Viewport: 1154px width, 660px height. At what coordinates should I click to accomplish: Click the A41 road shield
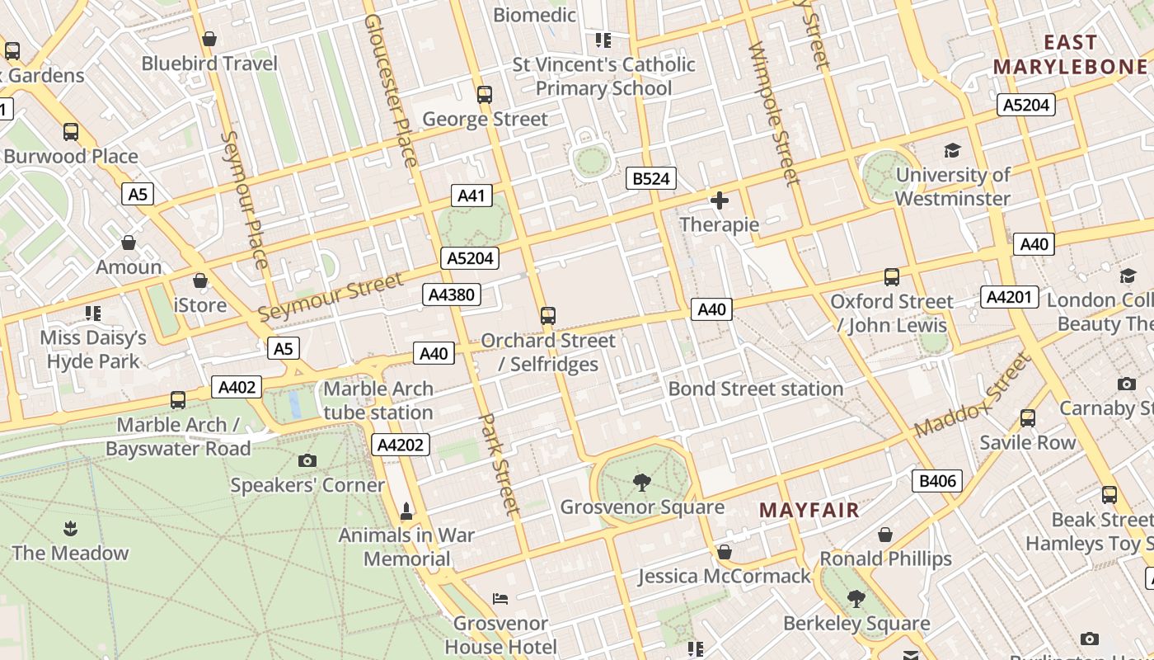click(471, 196)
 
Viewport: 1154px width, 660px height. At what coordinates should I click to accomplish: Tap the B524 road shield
click(650, 178)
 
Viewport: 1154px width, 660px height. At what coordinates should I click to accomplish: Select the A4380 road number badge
click(451, 295)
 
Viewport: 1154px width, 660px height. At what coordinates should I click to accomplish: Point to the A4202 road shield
click(401, 445)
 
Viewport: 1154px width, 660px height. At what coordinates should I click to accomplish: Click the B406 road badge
click(937, 481)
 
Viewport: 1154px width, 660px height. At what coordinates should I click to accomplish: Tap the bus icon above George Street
click(485, 95)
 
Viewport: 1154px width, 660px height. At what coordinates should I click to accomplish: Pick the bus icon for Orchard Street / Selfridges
click(548, 315)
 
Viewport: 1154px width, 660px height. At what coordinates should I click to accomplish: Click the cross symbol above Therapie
click(719, 200)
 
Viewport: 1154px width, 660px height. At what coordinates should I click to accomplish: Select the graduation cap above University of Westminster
click(952, 151)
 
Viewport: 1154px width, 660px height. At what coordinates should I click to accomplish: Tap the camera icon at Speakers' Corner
click(307, 460)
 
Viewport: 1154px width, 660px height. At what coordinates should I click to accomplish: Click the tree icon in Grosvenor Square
click(641, 482)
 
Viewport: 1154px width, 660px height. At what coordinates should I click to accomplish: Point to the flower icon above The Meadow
click(70, 528)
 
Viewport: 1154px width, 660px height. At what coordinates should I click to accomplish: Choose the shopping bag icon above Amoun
click(129, 243)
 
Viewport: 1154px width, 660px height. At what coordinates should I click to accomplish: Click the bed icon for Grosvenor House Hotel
click(500, 598)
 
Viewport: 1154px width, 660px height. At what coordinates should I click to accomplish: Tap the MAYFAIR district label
click(809, 511)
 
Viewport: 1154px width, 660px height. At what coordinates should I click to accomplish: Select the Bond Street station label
click(755, 389)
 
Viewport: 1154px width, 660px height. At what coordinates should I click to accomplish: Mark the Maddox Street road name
click(973, 396)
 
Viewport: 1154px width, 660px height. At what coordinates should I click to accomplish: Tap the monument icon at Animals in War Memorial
click(406, 511)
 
